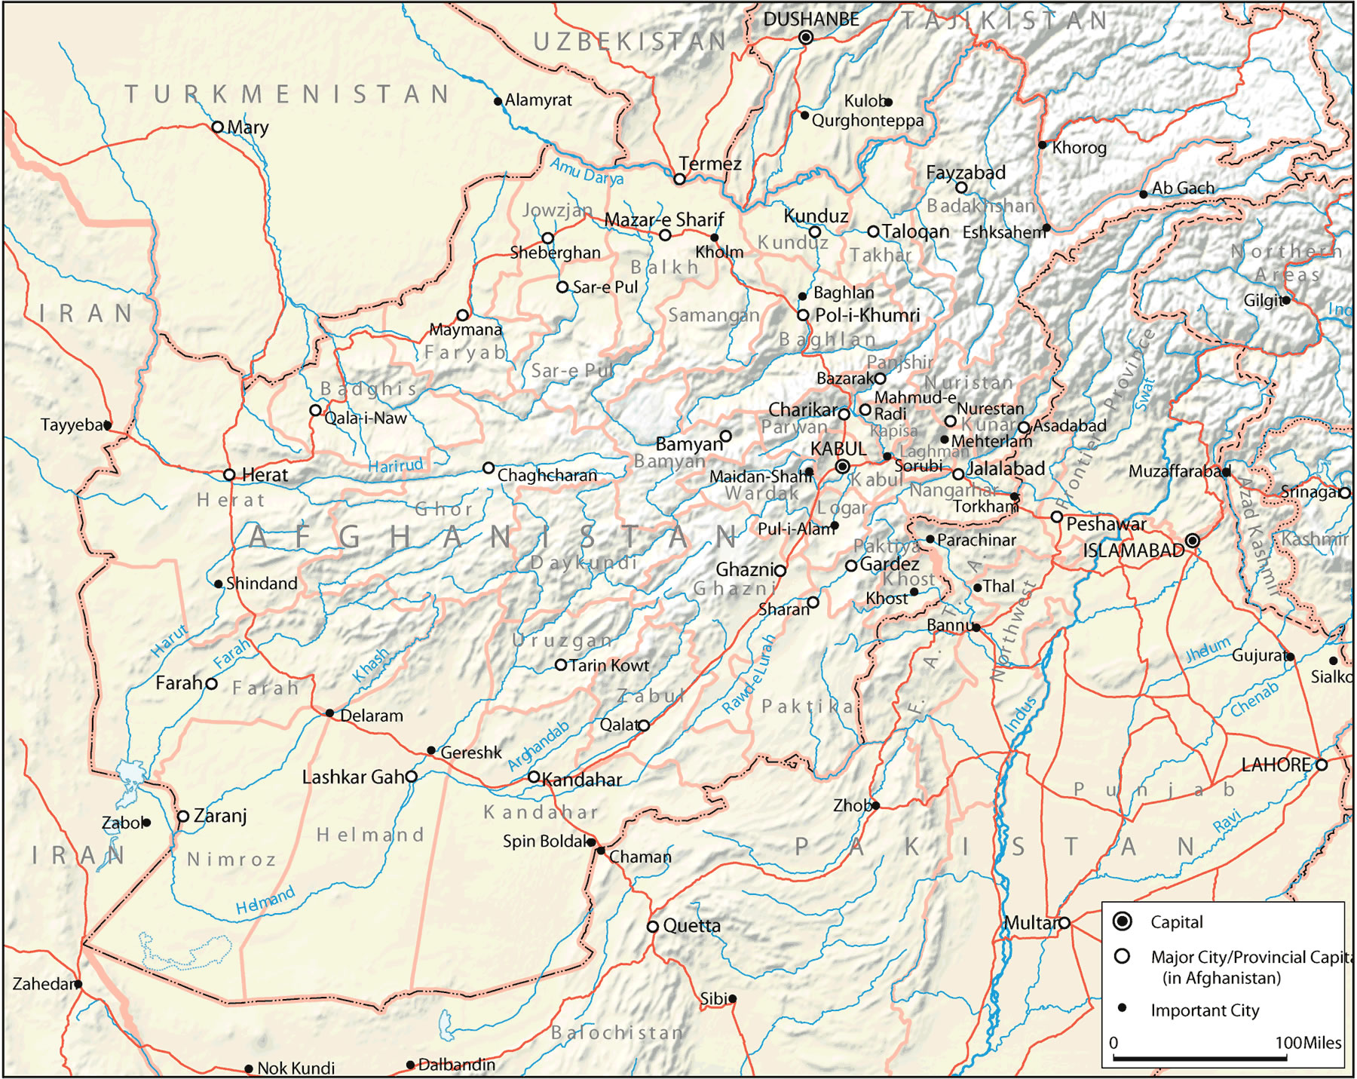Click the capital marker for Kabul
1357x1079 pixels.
(843, 467)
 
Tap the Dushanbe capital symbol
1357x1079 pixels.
(806, 38)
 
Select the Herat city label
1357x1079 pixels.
(265, 475)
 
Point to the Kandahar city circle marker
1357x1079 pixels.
(533, 777)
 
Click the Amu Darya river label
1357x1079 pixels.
(587, 172)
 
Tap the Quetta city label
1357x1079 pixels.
(691, 926)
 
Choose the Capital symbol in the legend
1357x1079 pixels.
(1123, 921)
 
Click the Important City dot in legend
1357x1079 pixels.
(1122, 1008)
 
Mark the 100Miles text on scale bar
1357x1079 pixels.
(1308, 1043)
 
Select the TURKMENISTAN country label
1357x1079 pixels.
(286, 95)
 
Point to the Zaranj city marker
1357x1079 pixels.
(183, 817)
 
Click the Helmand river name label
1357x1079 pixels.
(265, 901)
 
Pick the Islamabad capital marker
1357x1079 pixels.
(1192, 541)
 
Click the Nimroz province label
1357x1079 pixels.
(231, 860)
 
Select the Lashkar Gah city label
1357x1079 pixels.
(353, 777)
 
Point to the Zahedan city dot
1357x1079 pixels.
(78, 984)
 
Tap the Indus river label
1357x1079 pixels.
(1021, 713)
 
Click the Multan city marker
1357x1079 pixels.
(1064, 923)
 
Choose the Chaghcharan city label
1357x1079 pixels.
(547, 476)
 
